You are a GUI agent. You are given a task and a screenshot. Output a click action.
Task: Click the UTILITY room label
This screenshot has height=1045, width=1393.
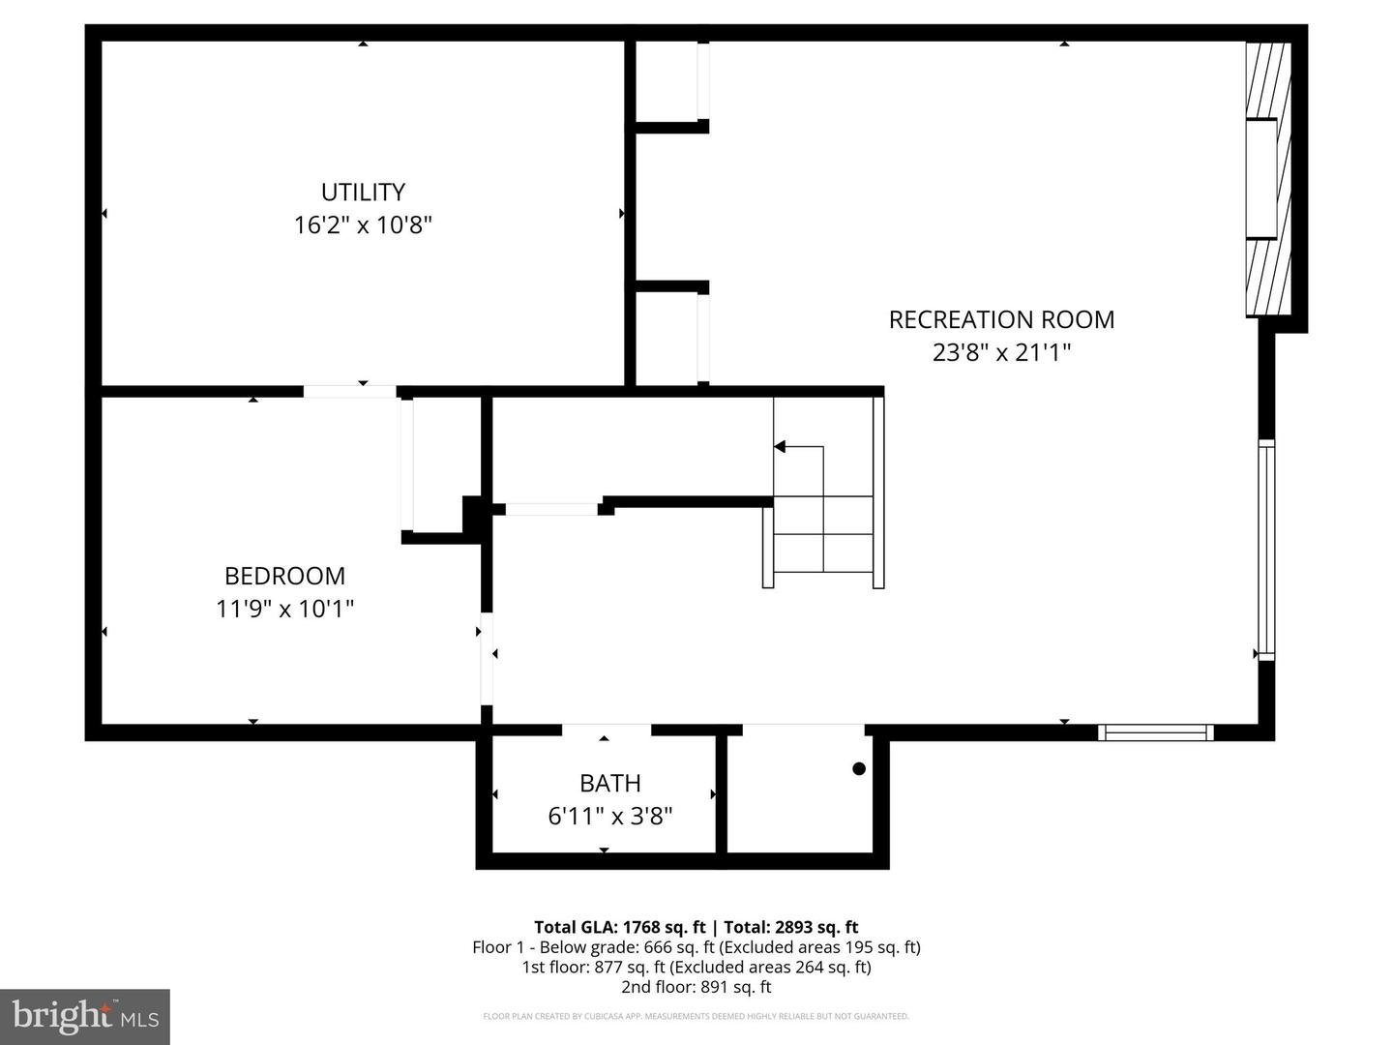[x=363, y=192]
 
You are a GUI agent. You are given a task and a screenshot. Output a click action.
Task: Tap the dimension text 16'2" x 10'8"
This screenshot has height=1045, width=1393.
[x=363, y=225]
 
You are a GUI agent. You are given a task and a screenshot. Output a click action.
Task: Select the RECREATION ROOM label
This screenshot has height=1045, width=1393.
[x=1001, y=319]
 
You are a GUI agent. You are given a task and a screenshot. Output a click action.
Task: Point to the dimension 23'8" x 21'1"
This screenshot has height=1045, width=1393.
[x=1001, y=352]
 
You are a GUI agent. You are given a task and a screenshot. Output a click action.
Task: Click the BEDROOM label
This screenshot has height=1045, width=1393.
[x=284, y=576]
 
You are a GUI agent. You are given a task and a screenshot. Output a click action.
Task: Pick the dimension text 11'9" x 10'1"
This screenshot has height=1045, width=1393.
[x=284, y=609]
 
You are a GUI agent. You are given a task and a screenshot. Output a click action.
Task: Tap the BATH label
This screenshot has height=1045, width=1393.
[x=609, y=783]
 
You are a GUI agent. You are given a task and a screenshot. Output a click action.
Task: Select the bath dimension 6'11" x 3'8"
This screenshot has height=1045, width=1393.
[x=609, y=816]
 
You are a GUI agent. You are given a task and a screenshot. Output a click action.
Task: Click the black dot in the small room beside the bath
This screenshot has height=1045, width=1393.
[x=858, y=769]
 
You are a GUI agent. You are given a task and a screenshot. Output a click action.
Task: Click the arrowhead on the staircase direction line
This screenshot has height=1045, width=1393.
[x=780, y=446]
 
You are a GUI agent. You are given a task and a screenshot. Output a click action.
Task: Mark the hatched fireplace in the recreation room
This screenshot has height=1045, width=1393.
[x=1267, y=179]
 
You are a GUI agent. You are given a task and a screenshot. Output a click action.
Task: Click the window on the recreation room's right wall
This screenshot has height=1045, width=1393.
[x=1266, y=550]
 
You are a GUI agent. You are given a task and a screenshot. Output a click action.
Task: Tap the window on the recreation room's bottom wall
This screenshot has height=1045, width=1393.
[x=1155, y=732]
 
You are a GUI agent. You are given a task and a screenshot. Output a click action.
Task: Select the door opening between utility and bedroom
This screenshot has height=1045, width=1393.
[x=350, y=391]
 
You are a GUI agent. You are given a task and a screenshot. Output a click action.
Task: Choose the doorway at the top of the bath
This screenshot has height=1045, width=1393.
[x=607, y=731]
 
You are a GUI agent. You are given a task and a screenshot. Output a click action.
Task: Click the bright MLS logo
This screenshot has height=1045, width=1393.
[x=85, y=1016]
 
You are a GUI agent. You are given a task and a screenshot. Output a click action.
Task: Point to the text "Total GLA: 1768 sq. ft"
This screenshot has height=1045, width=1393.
[x=619, y=927]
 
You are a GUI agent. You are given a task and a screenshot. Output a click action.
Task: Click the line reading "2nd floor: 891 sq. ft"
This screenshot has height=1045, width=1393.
[x=696, y=987]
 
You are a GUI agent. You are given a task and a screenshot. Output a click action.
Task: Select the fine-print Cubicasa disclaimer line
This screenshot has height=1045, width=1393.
[x=696, y=1016]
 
